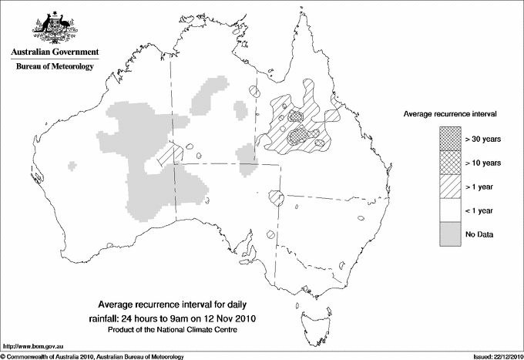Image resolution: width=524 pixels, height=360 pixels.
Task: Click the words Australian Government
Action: click(54, 52)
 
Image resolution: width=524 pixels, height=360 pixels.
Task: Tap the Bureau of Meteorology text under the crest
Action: click(54, 67)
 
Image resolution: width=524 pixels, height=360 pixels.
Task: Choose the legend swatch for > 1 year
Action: click(450, 186)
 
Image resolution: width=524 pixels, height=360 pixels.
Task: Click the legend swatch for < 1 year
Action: click(450, 210)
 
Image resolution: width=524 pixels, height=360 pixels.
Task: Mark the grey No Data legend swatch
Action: click(450, 234)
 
